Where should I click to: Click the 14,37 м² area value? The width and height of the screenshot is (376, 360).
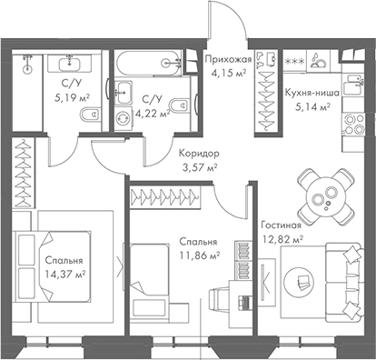[x=66, y=273]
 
